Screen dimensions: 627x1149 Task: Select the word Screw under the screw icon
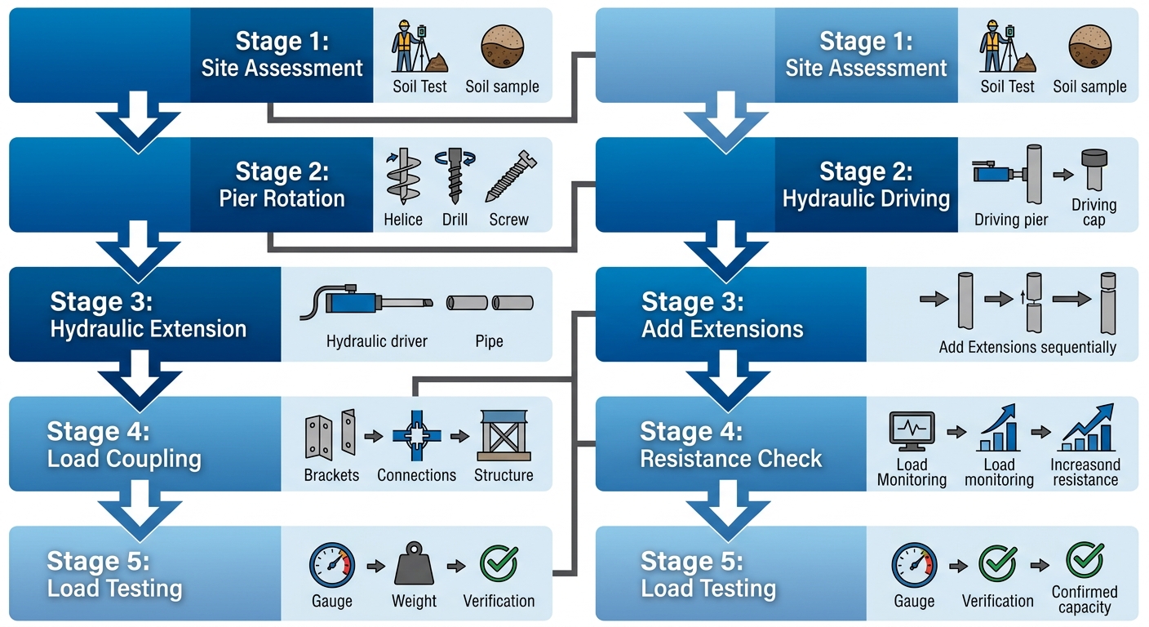point(509,220)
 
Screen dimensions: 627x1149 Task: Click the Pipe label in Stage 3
point(489,341)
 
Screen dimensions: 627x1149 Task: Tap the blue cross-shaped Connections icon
point(416,436)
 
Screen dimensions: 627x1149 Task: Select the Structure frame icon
point(504,436)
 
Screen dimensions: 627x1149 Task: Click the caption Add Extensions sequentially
point(1027,347)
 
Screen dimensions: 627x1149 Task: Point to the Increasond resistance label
point(1085,472)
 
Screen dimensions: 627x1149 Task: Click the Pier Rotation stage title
point(282,185)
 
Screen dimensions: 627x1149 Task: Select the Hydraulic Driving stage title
point(866,185)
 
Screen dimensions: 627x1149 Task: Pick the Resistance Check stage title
point(730,445)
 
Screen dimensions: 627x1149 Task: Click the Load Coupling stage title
point(124,445)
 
